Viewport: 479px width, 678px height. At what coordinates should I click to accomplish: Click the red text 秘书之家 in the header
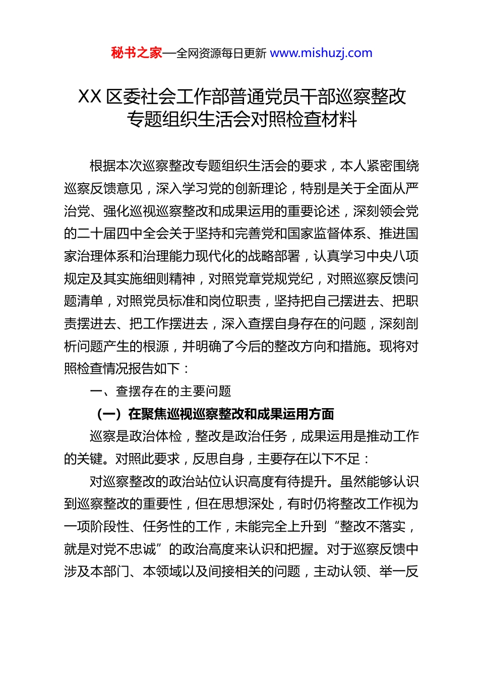(136, 53)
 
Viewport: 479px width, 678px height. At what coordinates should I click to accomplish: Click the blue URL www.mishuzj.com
(321, 53)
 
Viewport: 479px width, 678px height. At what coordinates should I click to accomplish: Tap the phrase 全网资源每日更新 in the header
(221, 53)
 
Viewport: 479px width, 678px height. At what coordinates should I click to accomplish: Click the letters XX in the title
(90, 96)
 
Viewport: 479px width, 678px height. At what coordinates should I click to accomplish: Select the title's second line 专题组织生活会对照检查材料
(242, 119)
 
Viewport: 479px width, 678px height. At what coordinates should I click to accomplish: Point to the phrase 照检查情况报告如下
(122, 368)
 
